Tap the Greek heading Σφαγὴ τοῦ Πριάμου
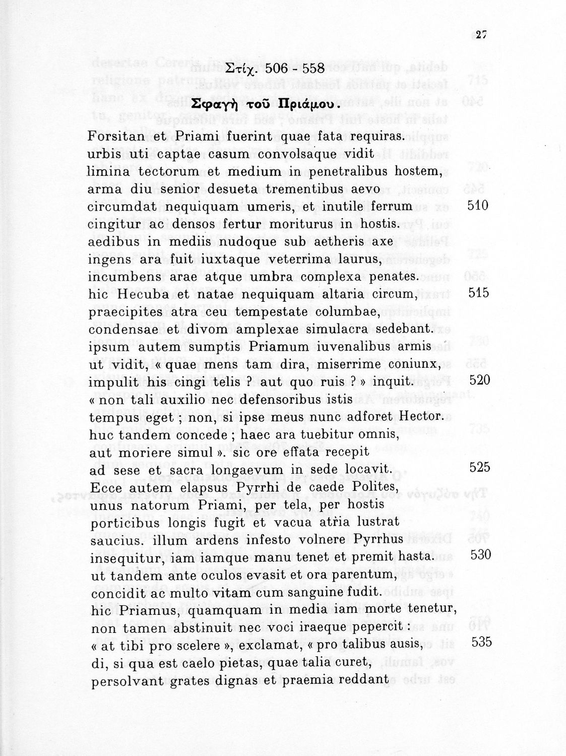click(x=262, y=106)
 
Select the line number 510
click(x=478, y=206)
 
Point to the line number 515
click(x=478, y=293)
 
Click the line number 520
click(x=479, y=380)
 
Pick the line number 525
click(x=479, y=467)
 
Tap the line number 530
click(x=480, y=555)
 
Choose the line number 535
click(x=481, y=642)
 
